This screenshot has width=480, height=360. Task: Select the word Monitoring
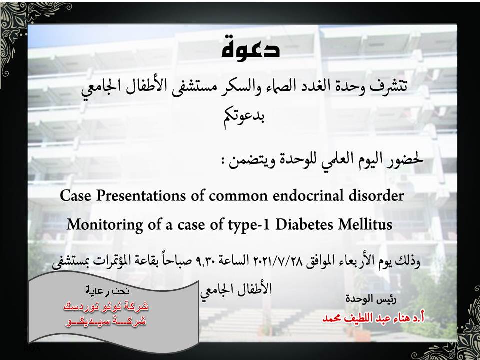tap(105, 225)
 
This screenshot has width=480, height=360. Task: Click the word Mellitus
tap(365, 225)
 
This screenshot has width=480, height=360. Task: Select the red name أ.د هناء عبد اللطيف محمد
tap(373, 318)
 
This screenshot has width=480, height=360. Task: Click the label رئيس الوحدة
tap(371, 299)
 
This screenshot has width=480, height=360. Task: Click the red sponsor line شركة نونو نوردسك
tap(106, 306)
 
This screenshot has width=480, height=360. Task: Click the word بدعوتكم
tap(244, 117)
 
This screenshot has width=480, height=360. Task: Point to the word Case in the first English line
tap(76, 196)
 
